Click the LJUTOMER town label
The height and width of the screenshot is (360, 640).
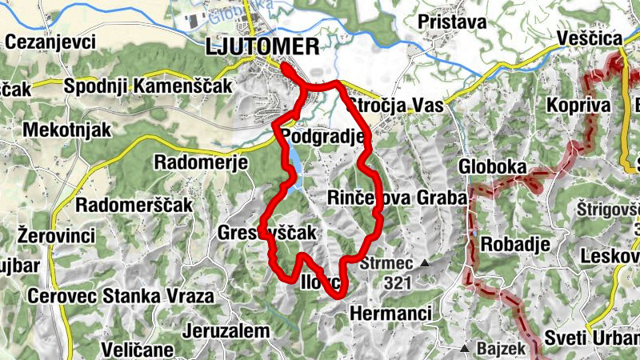(x=262, y=46)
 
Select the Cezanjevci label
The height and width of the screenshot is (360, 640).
(x=50, y=42)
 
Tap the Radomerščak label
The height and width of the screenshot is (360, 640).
(x=134, y=205)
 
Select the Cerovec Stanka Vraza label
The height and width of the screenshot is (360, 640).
(x=121, y=296)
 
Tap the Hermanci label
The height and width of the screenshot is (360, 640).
(x=391, y=312)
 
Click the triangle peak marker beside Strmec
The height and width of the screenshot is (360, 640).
(x=425, y=263)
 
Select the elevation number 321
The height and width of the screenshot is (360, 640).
(x=397, y=282)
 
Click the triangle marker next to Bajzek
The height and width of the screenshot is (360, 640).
(x=464, y=349)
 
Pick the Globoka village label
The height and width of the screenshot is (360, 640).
(x=492, y=166)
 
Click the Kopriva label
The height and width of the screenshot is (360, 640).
(x=578, y=106)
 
